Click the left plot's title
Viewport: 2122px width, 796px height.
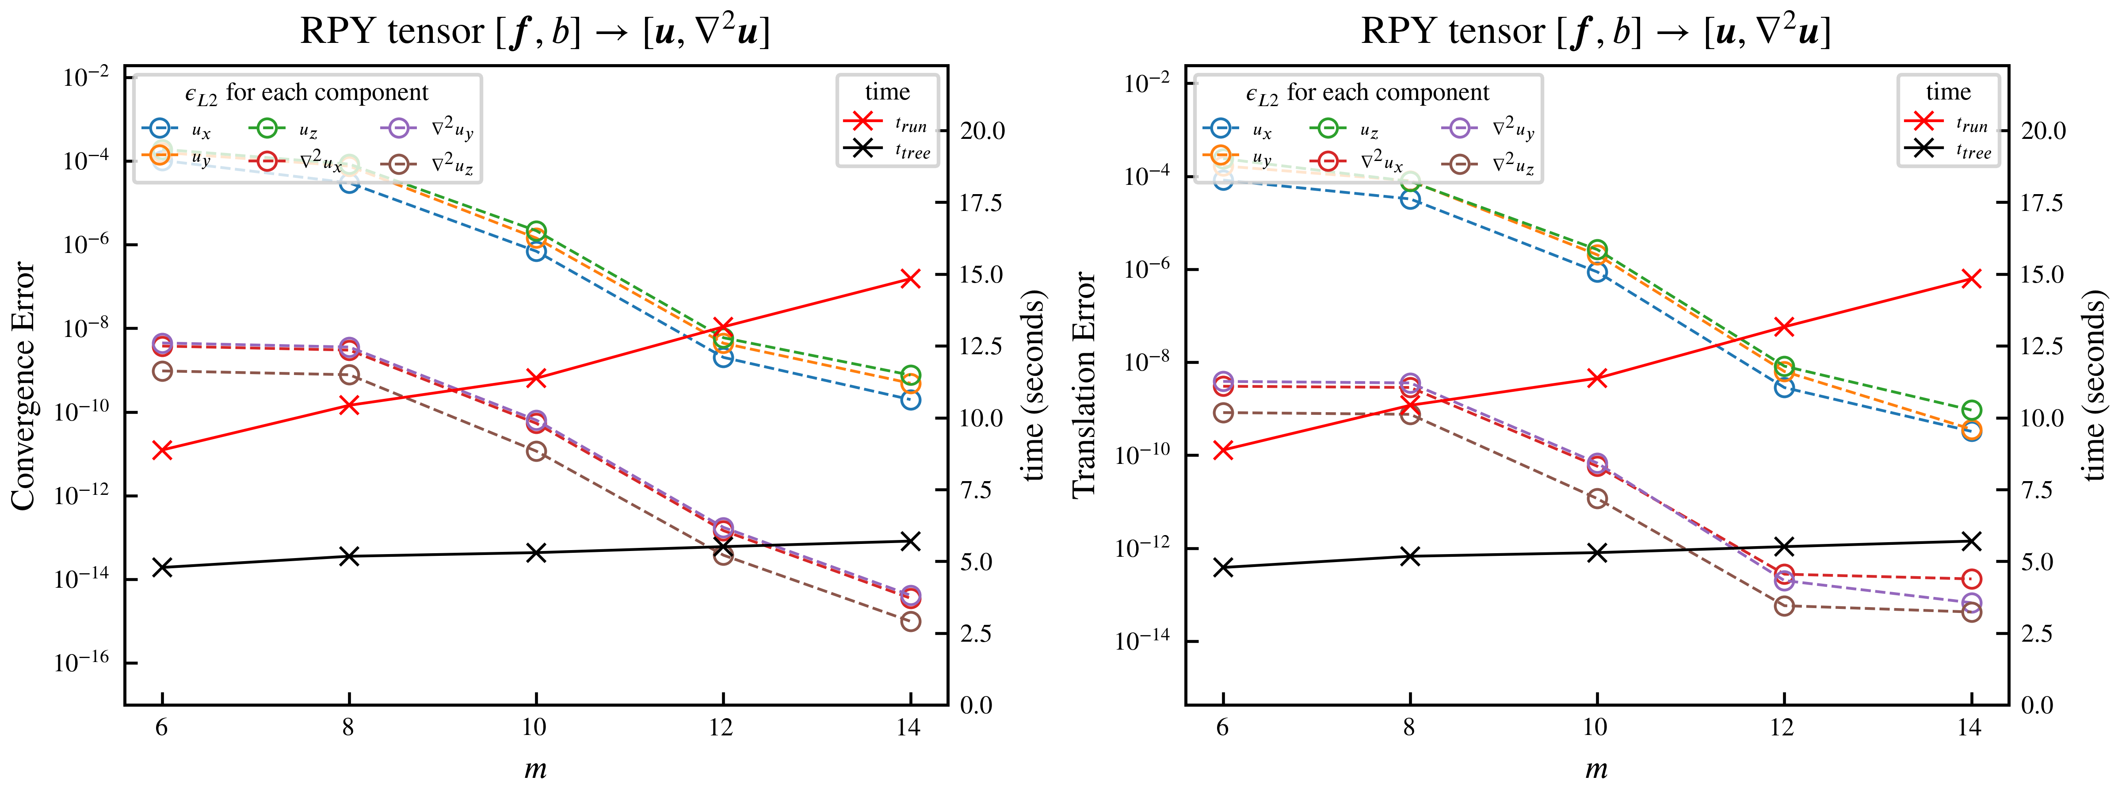(x=535, y=31)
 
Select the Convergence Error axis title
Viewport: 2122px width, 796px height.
(x=23, y=386)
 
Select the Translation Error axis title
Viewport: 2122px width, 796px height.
(x=1084, y=386)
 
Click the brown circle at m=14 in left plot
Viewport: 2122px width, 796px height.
(x=910, y=621)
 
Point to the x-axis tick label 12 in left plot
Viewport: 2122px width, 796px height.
(x=721, y=727)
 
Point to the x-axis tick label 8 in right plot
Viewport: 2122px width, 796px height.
(x=1409, y=727)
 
